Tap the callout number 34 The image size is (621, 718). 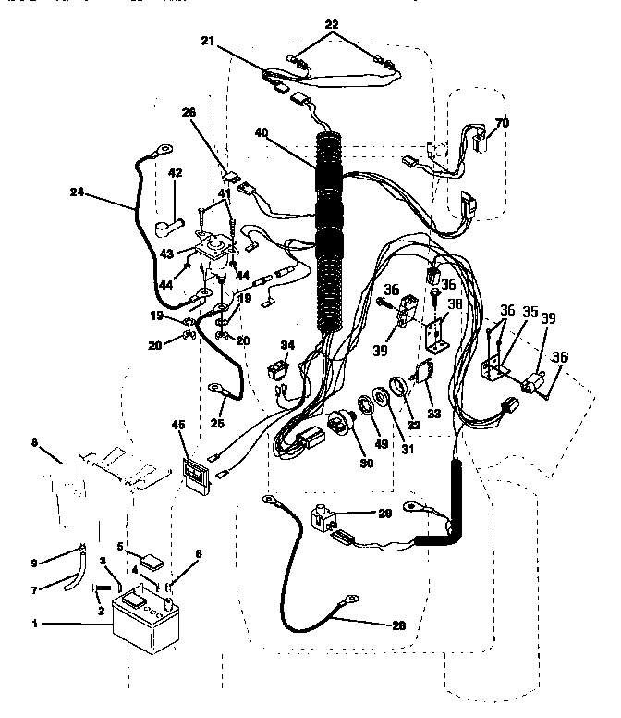[x=288, y=345]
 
